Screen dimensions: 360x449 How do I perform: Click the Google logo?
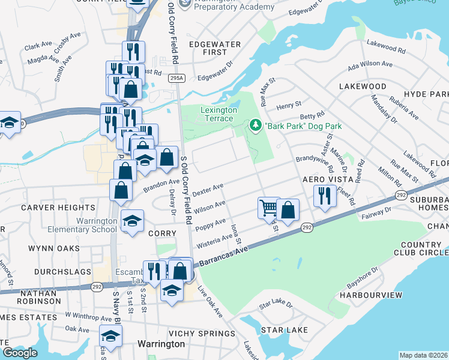click(20, 352)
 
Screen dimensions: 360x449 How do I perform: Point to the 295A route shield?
click(176, 78)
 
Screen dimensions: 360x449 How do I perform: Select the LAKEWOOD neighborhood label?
click(363, 86)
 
